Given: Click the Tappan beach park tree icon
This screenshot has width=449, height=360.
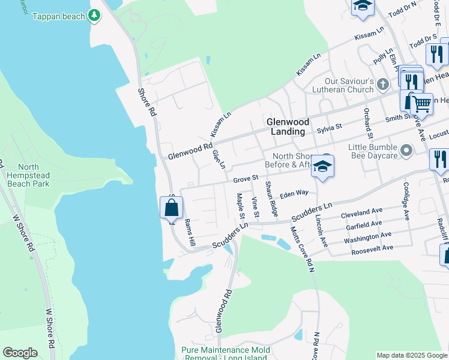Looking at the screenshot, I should tap(94, 16).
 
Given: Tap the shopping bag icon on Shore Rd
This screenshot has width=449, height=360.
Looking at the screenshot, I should tap(171, 208).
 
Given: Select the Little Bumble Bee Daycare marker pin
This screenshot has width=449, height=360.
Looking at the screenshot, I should tap(407, 150).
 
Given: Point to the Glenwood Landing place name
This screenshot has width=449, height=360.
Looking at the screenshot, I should tap(287, 126).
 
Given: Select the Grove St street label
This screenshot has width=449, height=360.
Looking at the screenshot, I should tap(246, 178).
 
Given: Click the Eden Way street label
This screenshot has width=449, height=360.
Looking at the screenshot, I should tap(294, 193).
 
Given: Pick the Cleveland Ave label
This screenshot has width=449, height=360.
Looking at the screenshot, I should tap(361, 213).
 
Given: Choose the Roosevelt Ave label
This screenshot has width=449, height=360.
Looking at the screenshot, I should tap(372, 247).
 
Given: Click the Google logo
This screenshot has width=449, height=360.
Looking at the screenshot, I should tap(20, 353).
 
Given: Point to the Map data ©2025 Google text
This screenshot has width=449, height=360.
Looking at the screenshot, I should tap(412, 355).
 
